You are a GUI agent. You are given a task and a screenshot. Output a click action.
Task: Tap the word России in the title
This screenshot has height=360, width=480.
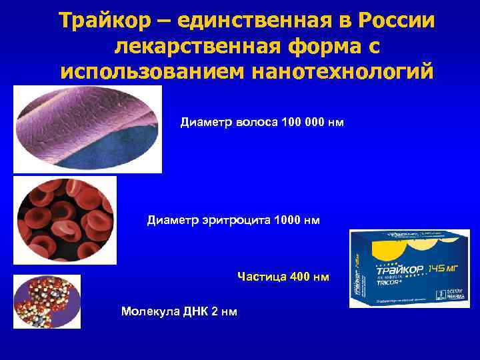(397, 21)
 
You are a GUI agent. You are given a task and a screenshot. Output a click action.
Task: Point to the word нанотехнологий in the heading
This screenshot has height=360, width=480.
(343, 70)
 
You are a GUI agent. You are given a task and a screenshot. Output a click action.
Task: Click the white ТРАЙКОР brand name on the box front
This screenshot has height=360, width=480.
(400, 272)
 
